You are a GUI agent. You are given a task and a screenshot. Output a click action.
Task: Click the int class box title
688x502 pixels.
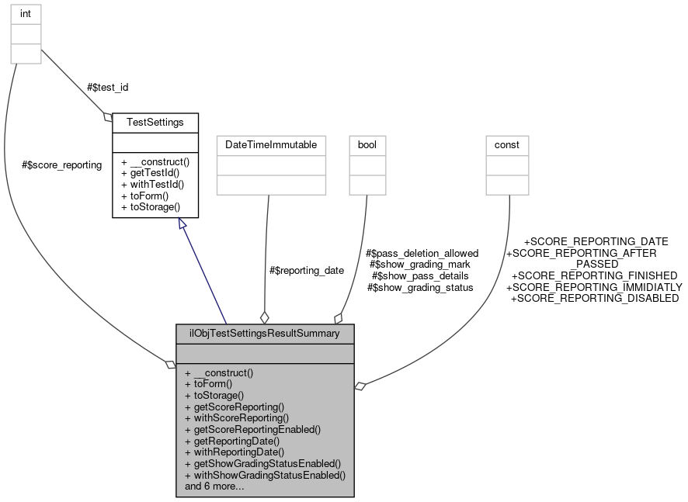(25, 13)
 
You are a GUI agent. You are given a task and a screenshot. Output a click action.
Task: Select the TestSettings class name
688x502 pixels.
(155, 123)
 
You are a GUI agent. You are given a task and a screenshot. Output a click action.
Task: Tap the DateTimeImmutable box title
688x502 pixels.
(271, 145)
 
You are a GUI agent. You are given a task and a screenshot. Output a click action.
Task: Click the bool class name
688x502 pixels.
(367, 145)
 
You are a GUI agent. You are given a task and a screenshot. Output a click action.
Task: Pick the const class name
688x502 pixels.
(507, 145)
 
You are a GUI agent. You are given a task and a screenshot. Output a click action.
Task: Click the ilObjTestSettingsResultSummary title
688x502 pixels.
(265, 334)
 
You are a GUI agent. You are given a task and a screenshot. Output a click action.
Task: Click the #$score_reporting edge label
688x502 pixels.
(62, 165)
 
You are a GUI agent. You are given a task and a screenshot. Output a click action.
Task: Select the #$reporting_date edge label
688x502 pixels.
(306, 271)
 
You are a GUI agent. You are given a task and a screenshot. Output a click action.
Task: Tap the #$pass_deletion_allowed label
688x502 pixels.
(422, 253)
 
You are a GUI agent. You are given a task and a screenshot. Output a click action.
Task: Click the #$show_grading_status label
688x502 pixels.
(420, 287)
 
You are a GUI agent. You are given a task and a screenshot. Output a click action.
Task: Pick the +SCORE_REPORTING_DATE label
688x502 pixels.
(596, 241)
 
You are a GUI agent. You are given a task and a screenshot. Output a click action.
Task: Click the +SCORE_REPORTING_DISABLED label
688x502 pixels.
(594, 298)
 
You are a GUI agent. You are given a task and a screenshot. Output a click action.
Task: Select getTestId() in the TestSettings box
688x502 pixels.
(155, 173)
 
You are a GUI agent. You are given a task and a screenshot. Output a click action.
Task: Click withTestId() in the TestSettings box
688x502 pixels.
(155, 185)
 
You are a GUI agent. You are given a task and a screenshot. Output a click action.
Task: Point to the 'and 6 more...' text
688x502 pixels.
(214, 486)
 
